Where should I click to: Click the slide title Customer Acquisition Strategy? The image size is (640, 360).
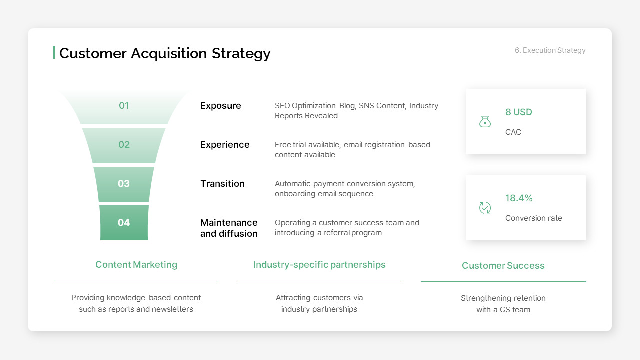coord(165,53)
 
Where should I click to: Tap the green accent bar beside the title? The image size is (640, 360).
coord(54,53)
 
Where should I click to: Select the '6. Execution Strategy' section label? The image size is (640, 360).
coord(550,50)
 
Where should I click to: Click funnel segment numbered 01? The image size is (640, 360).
coord(124,106)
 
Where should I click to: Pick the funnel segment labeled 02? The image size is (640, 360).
coord(124,145)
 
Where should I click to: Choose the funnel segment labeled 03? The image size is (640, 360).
coord(124,184)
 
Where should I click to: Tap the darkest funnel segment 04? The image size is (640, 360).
coord(124,223)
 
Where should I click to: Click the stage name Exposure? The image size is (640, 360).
coord(221,106)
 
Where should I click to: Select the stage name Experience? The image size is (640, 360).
coord(225,145)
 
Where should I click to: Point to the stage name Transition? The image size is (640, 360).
coord(222,184)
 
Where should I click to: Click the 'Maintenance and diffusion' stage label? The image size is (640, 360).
coord(229,228)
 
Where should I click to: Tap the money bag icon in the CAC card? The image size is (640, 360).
coord(485,121)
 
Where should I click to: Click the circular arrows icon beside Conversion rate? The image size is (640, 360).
coord(485,208)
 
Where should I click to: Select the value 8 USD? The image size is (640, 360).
coord(518,112)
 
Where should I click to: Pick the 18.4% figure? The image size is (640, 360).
coord(519,198)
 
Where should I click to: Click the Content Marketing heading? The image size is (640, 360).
coord(136,265)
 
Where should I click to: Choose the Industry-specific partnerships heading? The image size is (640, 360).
coord(319,265)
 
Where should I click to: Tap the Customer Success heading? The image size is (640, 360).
coord(503,266)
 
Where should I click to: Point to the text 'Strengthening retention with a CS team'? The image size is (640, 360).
coord(503,304)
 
